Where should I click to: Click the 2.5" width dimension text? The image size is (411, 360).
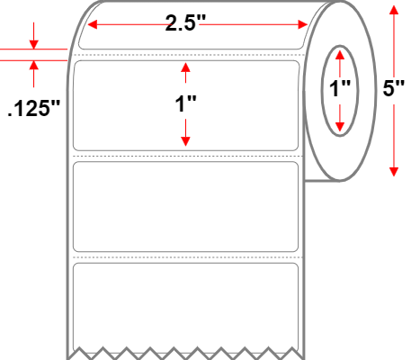click(185, 23)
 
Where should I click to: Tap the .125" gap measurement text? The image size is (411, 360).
click(33, 108)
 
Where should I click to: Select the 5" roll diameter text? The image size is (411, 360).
click(393, 88)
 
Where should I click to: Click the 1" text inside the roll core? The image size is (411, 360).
click(340, 89)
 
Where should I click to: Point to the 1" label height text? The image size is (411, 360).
click(185, 104)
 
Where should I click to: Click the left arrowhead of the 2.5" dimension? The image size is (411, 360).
click(92, 24)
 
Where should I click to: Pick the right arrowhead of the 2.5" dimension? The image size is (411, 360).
click(303, 24)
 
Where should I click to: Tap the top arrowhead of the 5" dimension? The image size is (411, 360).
click(394, 10)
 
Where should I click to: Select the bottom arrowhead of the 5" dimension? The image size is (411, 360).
click(394, 172)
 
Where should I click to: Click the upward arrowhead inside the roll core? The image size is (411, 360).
click(340, 55)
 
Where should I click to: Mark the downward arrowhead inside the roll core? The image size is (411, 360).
click(340, 127)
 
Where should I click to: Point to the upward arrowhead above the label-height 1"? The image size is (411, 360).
click(185, 67)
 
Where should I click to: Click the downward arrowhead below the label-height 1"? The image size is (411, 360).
click(185, 141)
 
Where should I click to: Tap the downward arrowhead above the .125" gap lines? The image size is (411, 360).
click(33, 44)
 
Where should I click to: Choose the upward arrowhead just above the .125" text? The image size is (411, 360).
click(33, 65)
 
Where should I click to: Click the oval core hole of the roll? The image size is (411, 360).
click(322, 91)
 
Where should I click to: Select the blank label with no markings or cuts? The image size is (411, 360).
click(185, 207)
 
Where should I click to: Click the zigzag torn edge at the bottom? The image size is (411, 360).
click(185, 353)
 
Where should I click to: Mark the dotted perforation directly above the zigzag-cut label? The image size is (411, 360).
click(188, 257)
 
